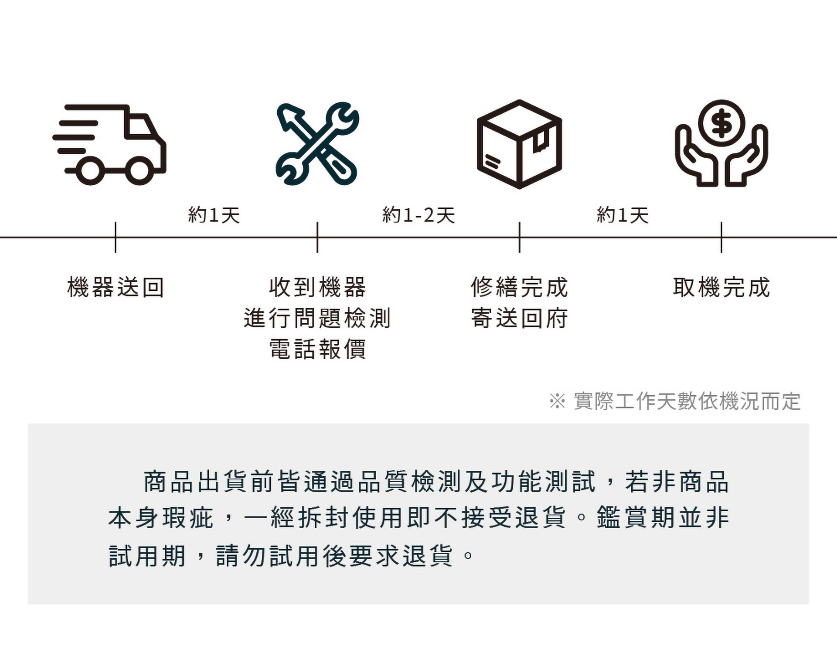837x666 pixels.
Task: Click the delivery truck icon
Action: pos(109,144)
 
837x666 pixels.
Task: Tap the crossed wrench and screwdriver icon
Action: pos(317,144)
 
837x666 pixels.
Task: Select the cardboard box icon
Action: pos(519,144)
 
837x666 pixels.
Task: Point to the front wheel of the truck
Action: pos(139,170)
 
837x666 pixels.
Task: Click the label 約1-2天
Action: pos(418,215)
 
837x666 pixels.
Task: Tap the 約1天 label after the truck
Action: pos(214,215)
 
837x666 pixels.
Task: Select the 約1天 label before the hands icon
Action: pos(623,215)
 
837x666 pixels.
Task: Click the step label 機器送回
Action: pos(116,287)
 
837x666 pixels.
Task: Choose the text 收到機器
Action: pos(317,287)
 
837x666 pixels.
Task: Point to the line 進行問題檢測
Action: pos(317,318)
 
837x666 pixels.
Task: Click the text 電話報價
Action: pos(317,349)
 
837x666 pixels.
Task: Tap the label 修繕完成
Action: pos(519,287)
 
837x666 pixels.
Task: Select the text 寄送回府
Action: pos(519,318)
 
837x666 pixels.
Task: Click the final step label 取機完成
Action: pos(721,287)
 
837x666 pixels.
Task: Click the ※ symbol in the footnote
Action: pos(557,401)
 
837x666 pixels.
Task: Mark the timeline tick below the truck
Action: pos(116,238)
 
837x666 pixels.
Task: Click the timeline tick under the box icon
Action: pos(519,238)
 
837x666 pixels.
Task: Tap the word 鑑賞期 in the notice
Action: pos(636,518)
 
